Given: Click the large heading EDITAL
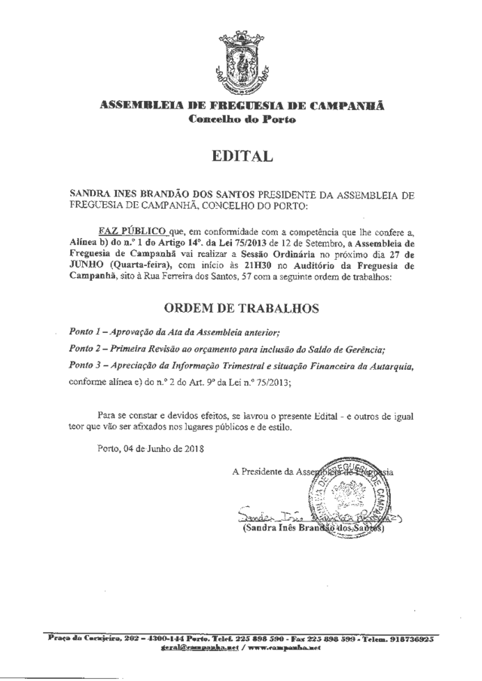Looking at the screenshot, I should (x=241, y=157).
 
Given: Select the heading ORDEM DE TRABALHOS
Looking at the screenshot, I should (x=240, y=308).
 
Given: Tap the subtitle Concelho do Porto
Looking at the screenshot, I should (x=241, y=121).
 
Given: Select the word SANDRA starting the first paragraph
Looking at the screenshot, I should (x=90, y=194).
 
